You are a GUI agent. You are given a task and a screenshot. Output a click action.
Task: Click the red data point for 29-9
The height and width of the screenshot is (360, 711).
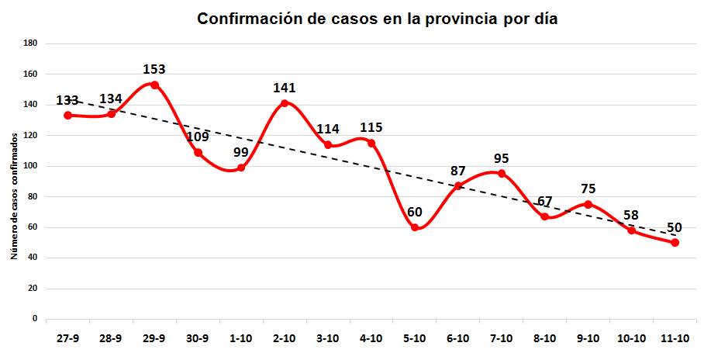[154, 85]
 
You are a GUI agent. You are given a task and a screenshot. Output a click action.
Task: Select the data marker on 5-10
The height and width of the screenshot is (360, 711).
[415, 227]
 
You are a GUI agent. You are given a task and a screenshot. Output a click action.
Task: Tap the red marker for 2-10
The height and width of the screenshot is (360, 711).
[285, 103]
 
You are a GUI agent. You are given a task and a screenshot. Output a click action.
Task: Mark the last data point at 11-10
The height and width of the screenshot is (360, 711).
[675, 242]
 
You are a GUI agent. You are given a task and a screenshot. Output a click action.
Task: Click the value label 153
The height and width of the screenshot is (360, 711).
[154, 69]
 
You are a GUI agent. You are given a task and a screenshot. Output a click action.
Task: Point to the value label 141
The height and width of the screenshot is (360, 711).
[285, 88]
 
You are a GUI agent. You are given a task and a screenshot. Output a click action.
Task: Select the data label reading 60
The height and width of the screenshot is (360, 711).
[415, 212]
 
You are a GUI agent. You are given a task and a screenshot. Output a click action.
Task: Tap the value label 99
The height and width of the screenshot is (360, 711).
[241, 152]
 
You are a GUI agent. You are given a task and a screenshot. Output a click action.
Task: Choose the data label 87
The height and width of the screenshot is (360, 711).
[458, 171]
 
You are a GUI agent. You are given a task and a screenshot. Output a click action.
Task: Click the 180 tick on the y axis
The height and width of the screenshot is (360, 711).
[30, 43]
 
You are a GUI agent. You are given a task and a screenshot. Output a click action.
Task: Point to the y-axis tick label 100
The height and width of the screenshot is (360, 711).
[30, 166]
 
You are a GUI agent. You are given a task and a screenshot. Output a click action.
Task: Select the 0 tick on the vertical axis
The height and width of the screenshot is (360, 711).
[35, 319]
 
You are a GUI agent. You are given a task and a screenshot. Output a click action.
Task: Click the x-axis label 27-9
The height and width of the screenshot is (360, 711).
[67, 338]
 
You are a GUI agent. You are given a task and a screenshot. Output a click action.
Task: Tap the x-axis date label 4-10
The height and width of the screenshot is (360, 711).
[371, 338]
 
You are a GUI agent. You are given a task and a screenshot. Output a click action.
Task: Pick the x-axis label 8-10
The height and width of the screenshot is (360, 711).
[545, 338]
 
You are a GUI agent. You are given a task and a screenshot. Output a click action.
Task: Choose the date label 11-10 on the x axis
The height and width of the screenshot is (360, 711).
[675, 338]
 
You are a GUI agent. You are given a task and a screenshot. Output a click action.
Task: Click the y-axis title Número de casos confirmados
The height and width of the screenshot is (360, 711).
[15, 194]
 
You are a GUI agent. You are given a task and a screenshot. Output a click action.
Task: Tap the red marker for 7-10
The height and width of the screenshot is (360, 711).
[502, 173]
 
